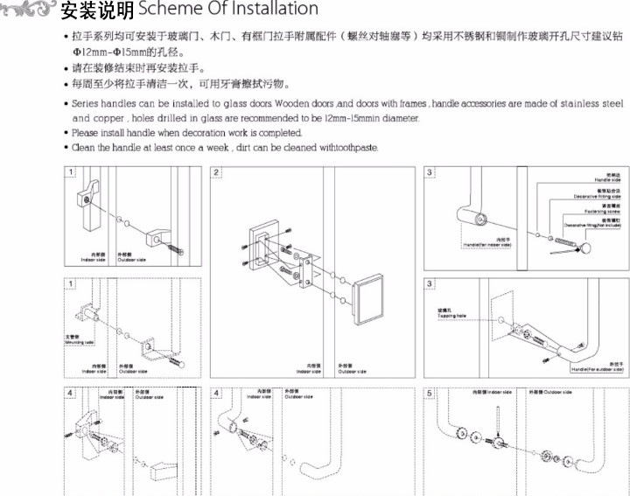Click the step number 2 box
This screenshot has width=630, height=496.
tap(216, 173)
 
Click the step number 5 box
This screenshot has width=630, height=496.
tap(430, 394)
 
